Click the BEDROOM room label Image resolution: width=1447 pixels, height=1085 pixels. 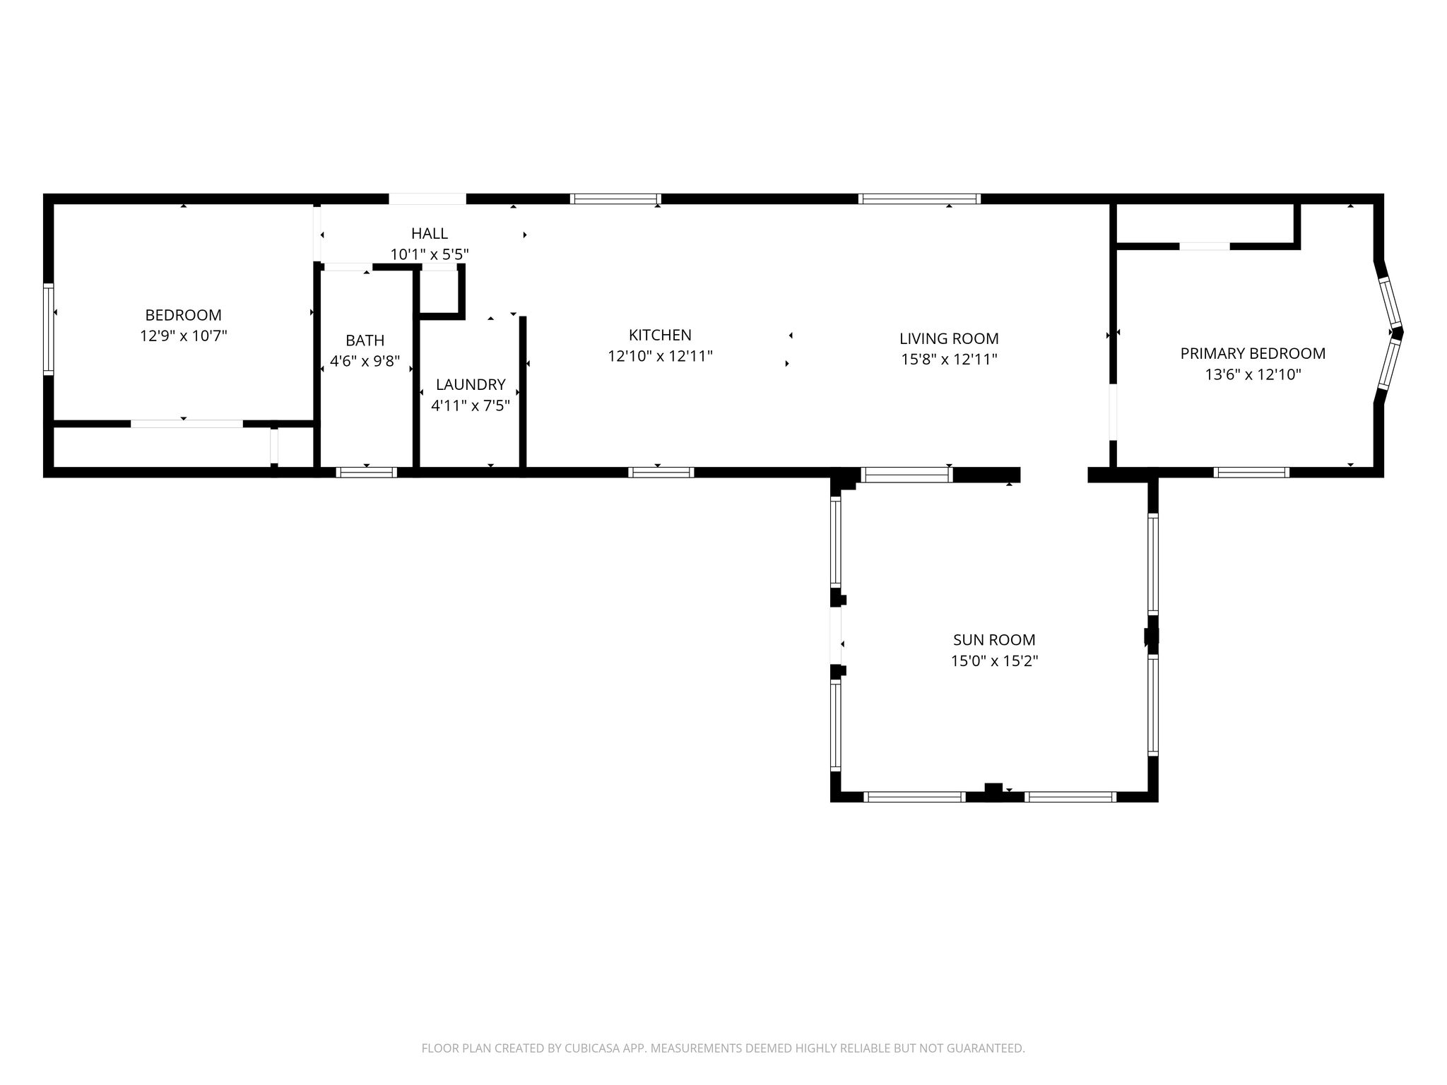183,315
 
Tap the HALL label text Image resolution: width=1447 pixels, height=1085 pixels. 430,233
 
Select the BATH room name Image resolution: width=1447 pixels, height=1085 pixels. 365,340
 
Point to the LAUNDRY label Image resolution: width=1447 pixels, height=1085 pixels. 471,384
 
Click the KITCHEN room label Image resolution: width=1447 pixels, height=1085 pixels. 660,335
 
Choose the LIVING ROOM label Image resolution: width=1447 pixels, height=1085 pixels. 949,338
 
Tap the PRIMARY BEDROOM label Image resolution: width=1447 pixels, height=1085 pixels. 1253,353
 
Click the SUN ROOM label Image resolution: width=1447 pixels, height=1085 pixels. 994,640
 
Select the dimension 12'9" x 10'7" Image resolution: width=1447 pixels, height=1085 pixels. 184,336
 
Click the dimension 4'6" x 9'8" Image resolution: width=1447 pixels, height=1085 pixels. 365,362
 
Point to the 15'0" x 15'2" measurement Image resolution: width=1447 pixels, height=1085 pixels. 994,661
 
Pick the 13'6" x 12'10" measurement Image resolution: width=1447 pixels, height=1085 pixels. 1253,374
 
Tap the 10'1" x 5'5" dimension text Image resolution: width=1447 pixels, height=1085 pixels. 430,254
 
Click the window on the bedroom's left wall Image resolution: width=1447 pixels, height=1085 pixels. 49,329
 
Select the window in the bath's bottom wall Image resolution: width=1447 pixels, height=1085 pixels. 367,473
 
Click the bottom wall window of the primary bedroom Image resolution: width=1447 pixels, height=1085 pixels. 1251,473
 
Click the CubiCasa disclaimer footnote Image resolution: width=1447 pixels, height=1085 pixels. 723,1048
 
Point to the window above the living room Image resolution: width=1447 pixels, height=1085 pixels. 919,198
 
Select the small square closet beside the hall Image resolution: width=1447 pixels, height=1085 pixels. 440,292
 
